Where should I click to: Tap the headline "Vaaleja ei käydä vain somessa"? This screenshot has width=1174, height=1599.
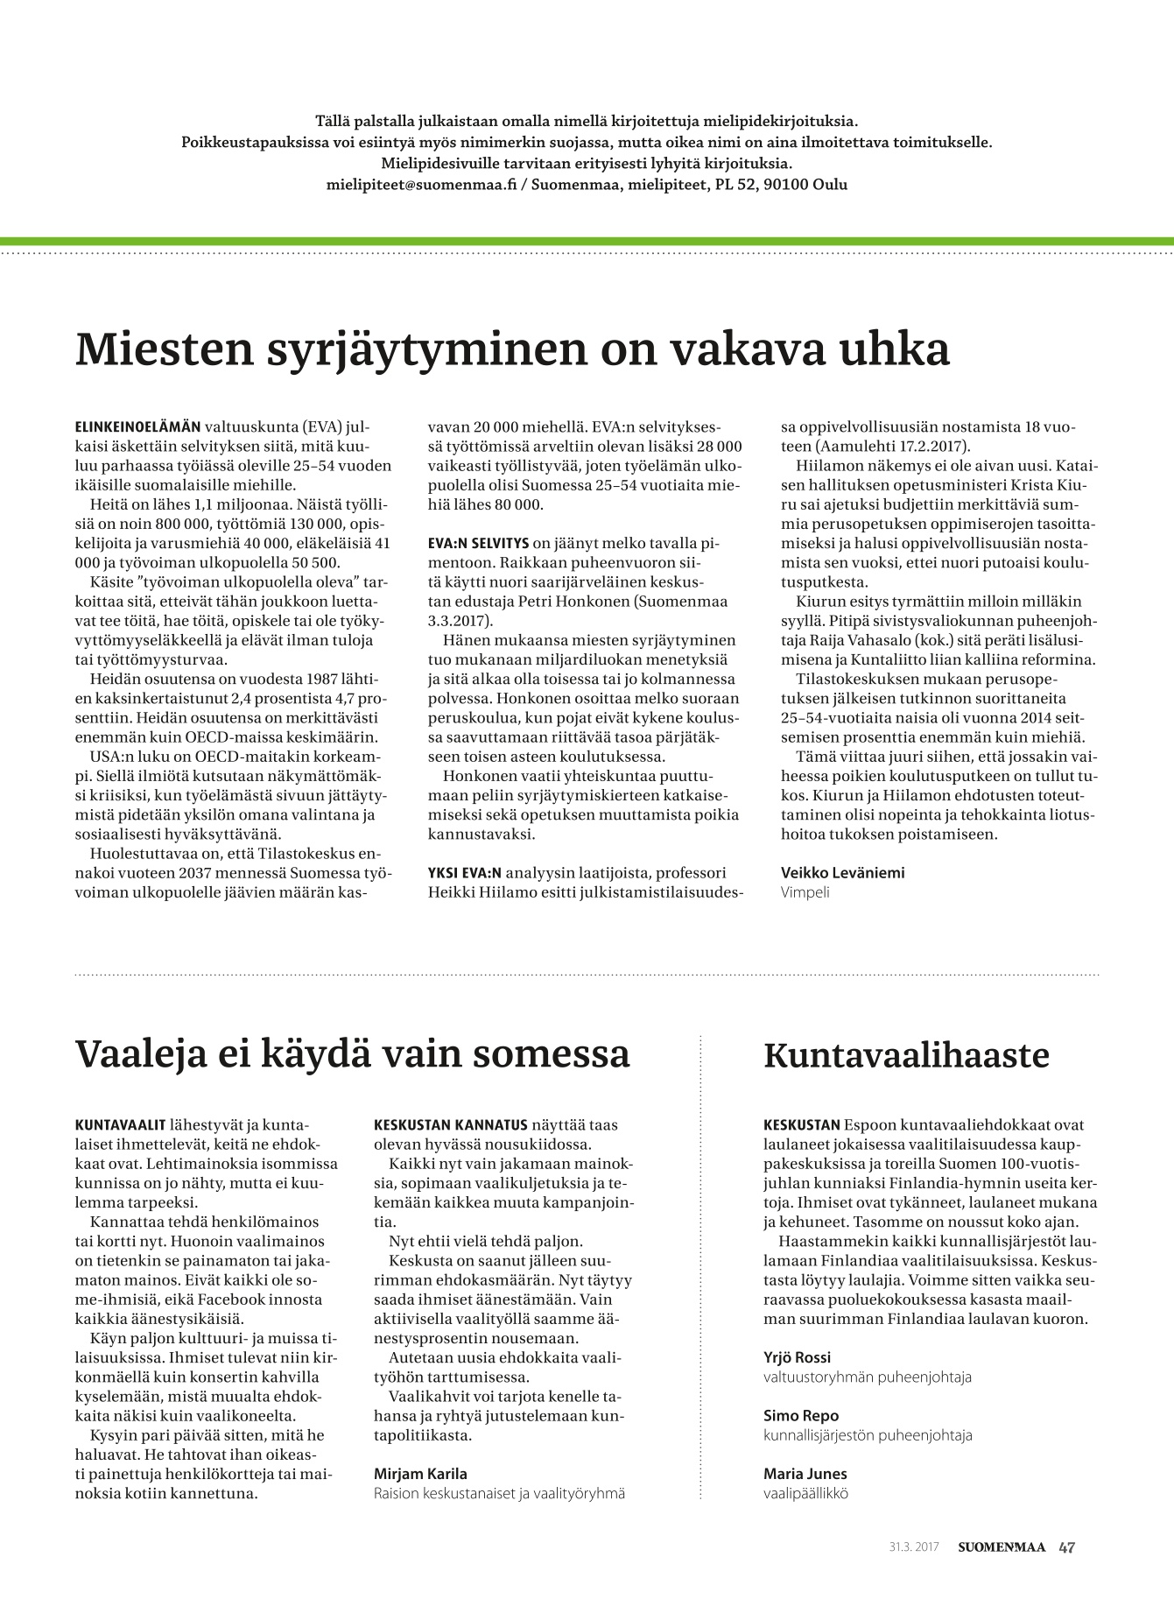(353, 1054)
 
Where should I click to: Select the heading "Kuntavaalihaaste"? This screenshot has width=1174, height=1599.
(906, 1055)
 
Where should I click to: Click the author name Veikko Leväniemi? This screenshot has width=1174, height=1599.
(842, 872)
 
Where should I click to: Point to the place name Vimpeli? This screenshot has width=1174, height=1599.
(805, 892)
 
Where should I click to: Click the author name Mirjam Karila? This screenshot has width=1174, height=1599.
(420, 1473)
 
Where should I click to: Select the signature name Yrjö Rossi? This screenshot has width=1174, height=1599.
(797, 1357)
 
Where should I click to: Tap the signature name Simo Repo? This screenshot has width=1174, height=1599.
(800, 1415)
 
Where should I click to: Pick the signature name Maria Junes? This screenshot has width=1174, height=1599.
(805, 1473)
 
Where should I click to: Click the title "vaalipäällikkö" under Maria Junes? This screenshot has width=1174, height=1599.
(805, 1493)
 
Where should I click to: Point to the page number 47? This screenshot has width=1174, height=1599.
(1066, 1547)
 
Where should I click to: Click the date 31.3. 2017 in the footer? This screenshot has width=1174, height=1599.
(913, 1547)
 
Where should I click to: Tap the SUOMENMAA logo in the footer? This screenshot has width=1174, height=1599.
(1001, 1547)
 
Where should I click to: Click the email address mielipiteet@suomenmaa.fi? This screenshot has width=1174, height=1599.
(416, 185)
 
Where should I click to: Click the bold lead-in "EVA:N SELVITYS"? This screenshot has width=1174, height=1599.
(478, 543)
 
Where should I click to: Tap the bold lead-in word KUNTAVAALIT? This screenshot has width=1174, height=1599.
(122, 1124)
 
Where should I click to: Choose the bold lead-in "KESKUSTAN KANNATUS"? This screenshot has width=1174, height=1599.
(451, 1124)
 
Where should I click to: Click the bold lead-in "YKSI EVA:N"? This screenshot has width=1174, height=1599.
(465, 872)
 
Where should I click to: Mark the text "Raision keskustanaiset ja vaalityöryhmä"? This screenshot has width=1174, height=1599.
(499, 1493)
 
